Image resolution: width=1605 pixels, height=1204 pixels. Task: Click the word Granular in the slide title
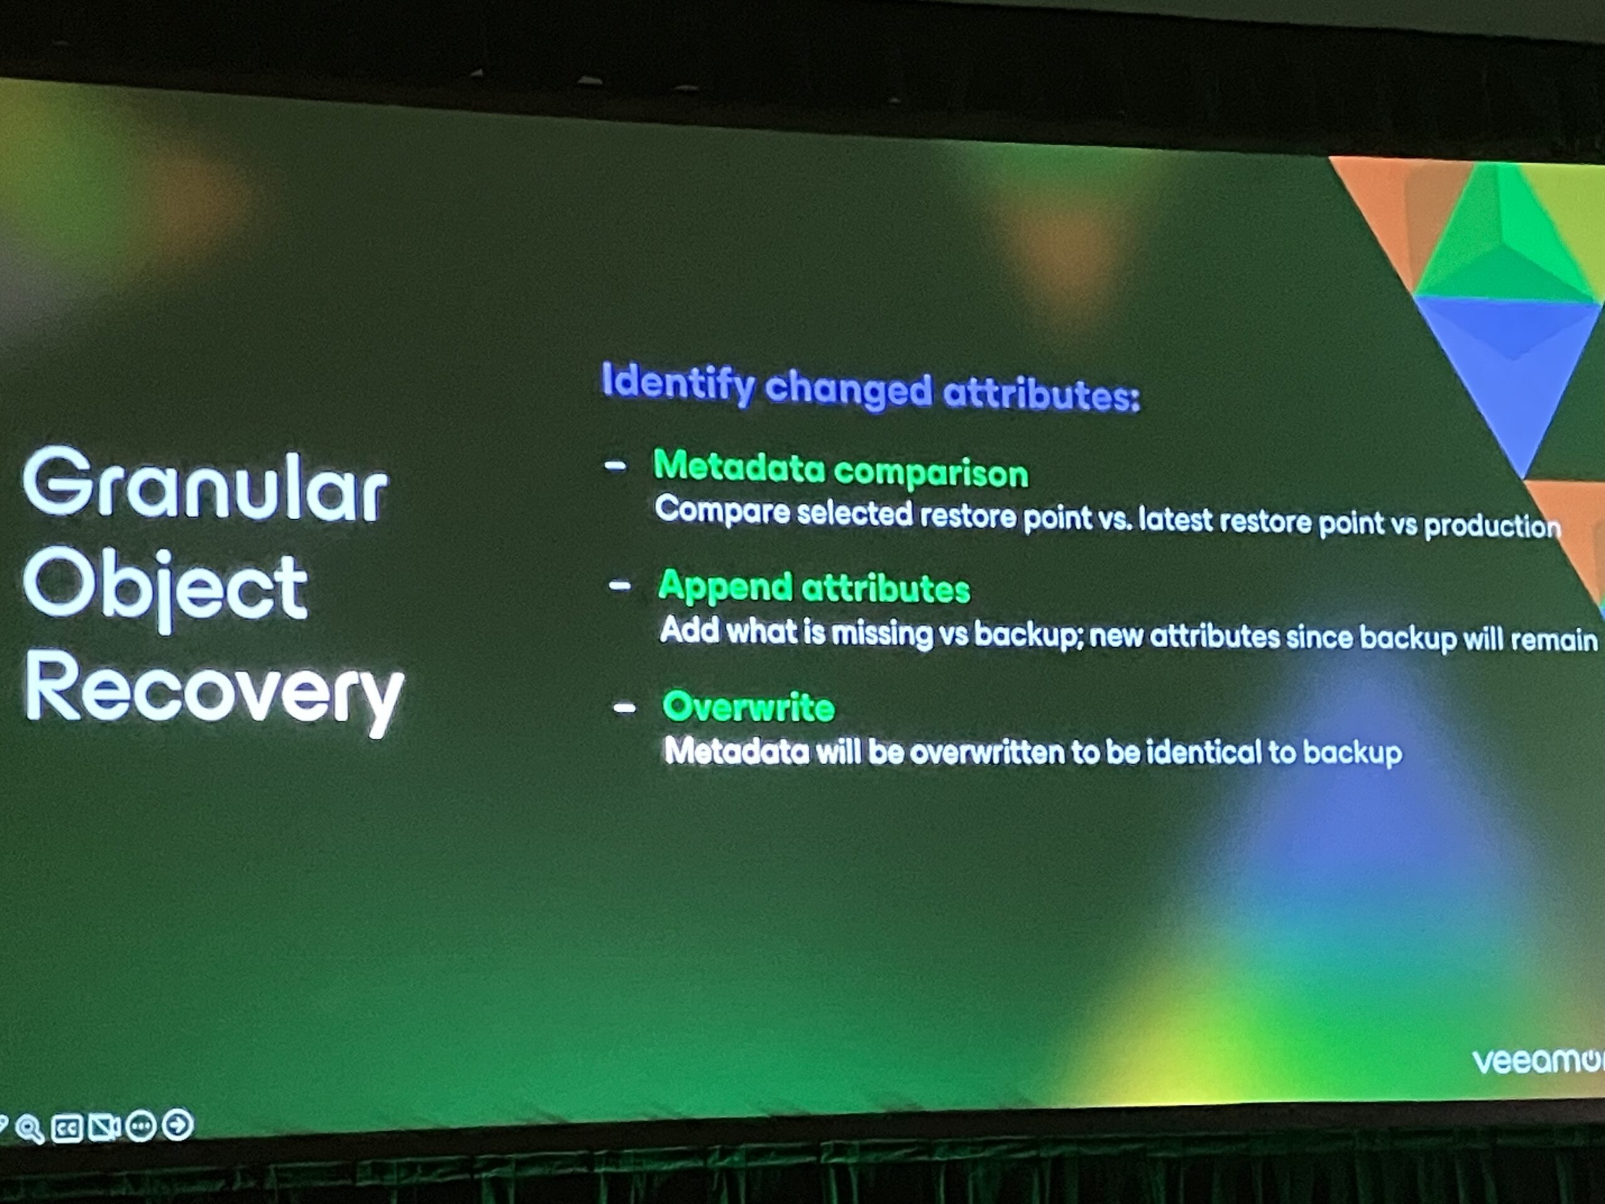(206, 484)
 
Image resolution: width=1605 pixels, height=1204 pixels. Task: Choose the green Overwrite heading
(748, 706)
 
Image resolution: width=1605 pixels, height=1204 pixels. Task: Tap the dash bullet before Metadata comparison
(615, 467)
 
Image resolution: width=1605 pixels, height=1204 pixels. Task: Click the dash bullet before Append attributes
(619, 585)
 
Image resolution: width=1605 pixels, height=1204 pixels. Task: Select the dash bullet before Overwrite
(624, 707)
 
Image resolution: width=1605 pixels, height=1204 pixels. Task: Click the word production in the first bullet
(1492, 525)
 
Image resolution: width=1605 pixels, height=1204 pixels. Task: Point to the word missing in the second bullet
(881, 633)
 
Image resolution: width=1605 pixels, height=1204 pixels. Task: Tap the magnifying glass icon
(29, 1129)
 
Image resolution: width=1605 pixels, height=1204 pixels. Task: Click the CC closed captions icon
(66, 1129)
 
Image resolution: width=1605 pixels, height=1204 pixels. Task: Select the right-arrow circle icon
(178, 1125)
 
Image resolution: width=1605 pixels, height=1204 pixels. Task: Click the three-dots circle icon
(141, 1126)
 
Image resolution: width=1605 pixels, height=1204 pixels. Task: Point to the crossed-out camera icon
(103, 1127)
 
